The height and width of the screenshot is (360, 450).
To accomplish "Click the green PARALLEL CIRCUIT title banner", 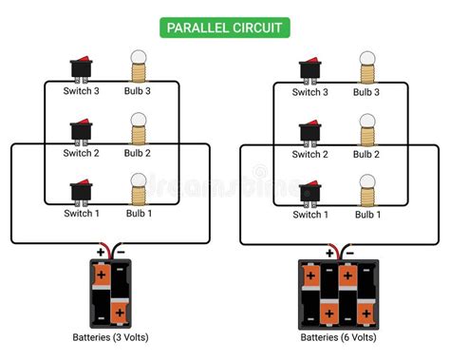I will coord(224,27).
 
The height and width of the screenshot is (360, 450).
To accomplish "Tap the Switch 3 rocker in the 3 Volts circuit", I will coord(83,69).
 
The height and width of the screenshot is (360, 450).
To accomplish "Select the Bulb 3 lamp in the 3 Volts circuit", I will coord(138,66).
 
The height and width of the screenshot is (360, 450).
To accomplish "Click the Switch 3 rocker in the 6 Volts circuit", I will coord(310,69).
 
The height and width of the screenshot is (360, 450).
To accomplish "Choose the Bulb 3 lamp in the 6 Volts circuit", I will coord(367,66).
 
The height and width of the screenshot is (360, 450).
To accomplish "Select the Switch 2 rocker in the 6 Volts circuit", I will coord(310,131).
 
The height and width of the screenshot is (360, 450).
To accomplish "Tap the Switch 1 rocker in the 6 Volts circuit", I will coord(310,193).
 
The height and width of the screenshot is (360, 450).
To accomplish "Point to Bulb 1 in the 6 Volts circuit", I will coord(367,189).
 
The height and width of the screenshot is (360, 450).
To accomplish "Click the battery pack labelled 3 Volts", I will coord(109,293).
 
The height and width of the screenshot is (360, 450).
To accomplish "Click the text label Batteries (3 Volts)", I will coord(109,336).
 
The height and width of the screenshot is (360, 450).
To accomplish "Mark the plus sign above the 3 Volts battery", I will coord(101,253).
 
